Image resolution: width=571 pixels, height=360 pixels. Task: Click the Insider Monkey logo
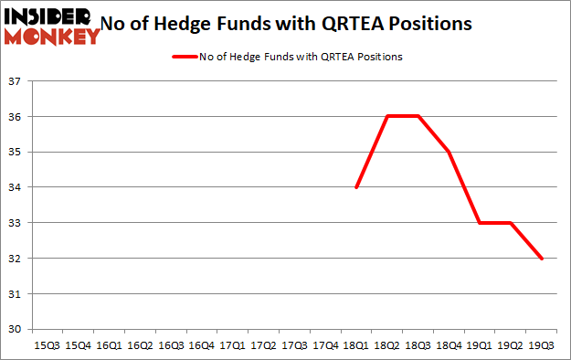(x=52, y=26)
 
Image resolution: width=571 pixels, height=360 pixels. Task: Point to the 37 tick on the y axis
(x=17, y=81)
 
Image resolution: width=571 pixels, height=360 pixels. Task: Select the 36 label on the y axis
(x=17, y=117)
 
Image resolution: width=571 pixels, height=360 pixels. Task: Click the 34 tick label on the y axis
(x=17, y=187)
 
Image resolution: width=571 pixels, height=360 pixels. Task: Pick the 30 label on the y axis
(x=17, y=329)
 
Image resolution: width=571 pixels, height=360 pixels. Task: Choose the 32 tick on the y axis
(x=17, y=259)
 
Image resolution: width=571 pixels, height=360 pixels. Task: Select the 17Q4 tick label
(x=325, y=345)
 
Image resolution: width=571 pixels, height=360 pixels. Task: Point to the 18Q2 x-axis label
(x=387, y=345)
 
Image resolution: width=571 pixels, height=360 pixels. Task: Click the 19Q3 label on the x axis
(x=542, y=345)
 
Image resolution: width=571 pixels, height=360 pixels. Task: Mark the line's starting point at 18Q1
(x=356, y=187)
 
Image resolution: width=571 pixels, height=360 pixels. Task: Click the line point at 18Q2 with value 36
(x=387, y=116)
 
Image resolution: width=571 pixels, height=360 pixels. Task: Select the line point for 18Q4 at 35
(x=449, y=152)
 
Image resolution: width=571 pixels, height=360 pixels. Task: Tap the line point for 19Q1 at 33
(x=481, y=223)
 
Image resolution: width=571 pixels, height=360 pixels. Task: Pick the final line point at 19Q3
(x=542, y=259)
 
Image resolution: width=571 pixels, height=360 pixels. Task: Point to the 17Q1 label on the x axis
(x=232, y=345)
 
